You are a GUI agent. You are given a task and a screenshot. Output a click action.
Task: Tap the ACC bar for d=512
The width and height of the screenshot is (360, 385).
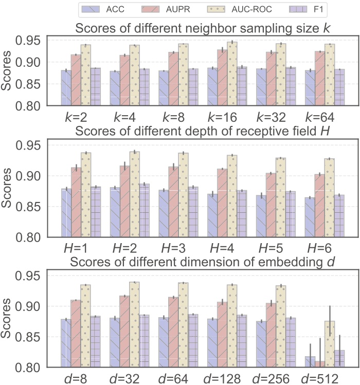point(310,362)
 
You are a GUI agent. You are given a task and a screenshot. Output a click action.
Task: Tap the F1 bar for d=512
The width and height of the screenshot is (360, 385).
point(339,359)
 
